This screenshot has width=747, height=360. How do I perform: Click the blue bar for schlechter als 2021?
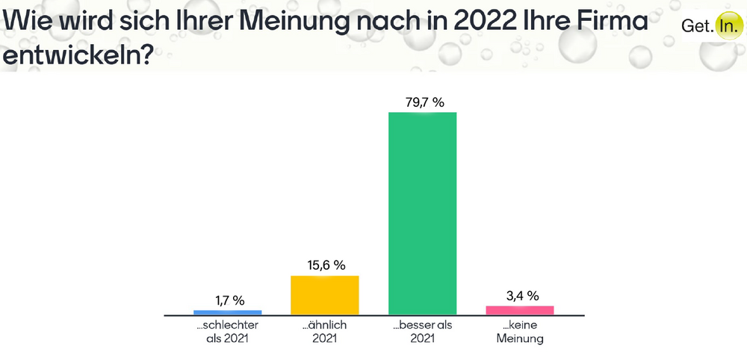click(228, 311)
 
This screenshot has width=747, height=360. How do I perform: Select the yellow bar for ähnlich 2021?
click(325, 295)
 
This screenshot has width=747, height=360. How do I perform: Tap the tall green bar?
click(422, 213)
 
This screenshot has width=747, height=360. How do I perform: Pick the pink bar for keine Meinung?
click(520, 310)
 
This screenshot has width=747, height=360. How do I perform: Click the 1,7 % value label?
click(228, 300)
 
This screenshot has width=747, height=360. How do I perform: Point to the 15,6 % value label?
click(325, 265)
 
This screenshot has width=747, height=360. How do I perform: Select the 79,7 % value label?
click(422, 102)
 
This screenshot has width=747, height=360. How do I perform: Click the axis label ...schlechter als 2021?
click(227, 332)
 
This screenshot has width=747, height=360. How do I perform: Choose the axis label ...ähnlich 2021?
click(325, 332)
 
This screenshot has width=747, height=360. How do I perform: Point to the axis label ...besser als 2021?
click(422, 332)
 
